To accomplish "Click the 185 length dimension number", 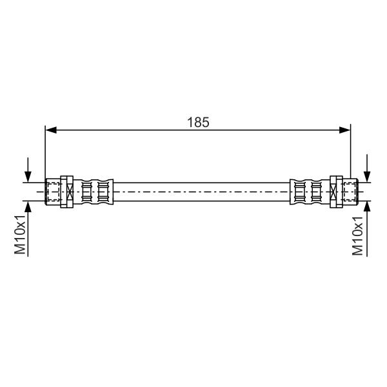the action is tap(198, 122).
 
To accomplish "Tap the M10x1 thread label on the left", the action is tap(20, 235).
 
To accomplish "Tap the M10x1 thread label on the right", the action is tap(357, 236).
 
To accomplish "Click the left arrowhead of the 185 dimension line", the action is tap(51, 130).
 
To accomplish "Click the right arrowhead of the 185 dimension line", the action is tap(345, 130).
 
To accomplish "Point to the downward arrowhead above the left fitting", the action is tap(28, 177).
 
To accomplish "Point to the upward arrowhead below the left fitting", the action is tap(28, 206).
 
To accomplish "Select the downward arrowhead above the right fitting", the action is tap(367, 177).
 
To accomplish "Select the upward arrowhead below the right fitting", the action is tap(367, 206).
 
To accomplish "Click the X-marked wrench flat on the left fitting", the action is tap(70, 192).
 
